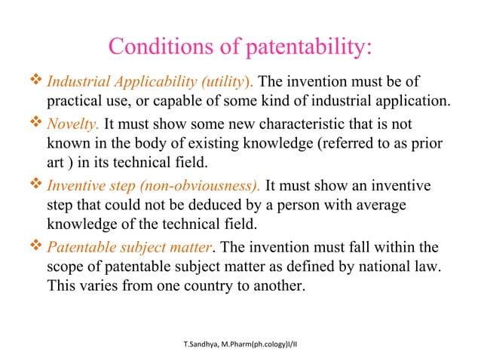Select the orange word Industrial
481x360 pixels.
(76, 81)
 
